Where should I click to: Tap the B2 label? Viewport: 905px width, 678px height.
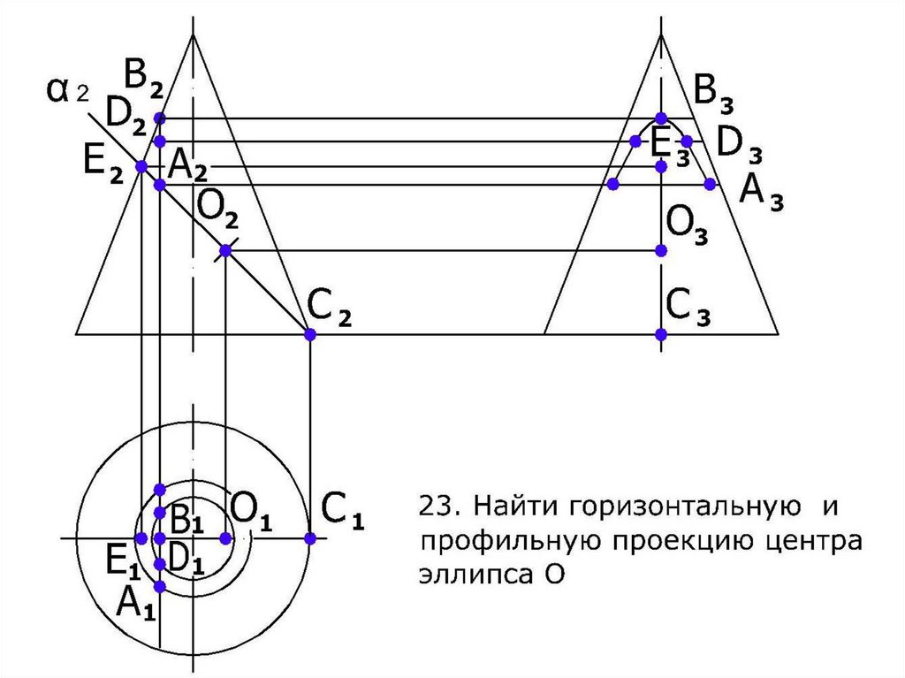143,79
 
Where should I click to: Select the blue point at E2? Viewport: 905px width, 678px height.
141,166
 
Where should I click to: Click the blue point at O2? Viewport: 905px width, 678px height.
225,251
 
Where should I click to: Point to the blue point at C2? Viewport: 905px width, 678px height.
309,334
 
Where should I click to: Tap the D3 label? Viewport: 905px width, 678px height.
739,144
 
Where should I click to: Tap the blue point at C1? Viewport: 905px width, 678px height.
309,538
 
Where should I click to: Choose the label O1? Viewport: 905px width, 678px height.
251,510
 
